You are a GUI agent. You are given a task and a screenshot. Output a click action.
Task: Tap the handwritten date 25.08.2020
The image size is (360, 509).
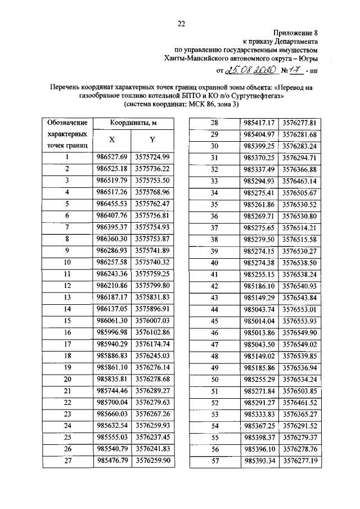click(249, 71)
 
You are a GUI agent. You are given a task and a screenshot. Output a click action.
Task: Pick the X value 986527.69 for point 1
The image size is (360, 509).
click(111, 157)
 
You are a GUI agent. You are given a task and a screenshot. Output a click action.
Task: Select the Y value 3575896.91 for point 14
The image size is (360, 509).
click(153, 309)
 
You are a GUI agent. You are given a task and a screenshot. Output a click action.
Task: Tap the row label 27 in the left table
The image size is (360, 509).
click(67, 461)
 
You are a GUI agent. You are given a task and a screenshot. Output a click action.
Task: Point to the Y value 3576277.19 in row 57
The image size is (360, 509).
click(300, 461)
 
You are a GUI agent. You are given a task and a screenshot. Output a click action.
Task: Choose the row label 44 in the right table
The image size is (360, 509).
click(214, 309)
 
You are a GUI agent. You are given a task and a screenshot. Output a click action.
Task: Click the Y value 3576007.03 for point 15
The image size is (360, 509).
click(153, 321)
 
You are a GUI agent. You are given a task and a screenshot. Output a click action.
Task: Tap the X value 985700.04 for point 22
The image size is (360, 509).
click(111, 403)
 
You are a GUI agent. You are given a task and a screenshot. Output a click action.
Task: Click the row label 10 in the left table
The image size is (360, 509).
click(67, 262)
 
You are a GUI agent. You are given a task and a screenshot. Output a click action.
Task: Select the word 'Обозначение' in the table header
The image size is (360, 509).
click(67, 123)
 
